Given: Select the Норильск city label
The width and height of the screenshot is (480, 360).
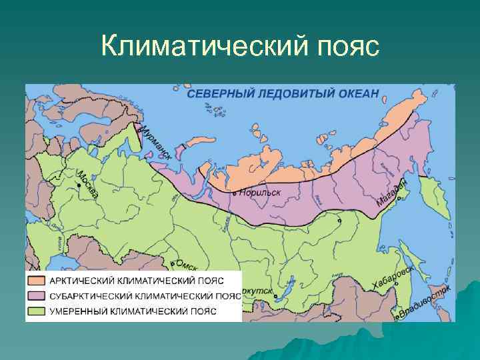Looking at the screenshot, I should coord(259,192).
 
